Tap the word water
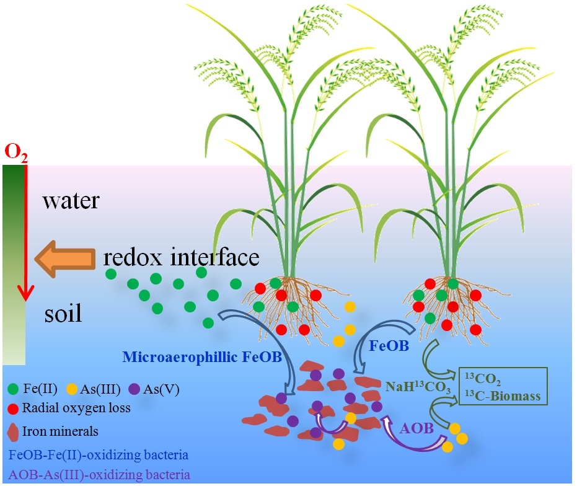pos(71,201)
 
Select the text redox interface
pos(181,257)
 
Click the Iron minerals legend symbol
pos(13,430)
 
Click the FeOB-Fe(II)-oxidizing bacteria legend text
pos(99,456)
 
